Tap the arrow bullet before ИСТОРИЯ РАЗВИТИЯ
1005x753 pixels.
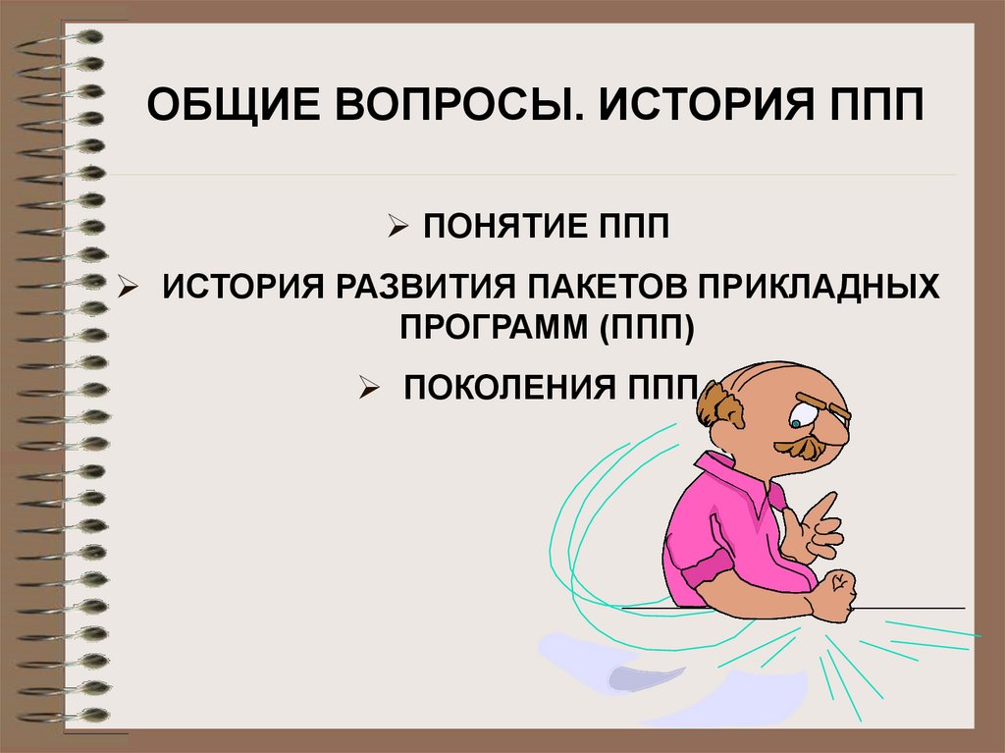[128, 289]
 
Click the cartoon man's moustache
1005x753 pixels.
[802, 447]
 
